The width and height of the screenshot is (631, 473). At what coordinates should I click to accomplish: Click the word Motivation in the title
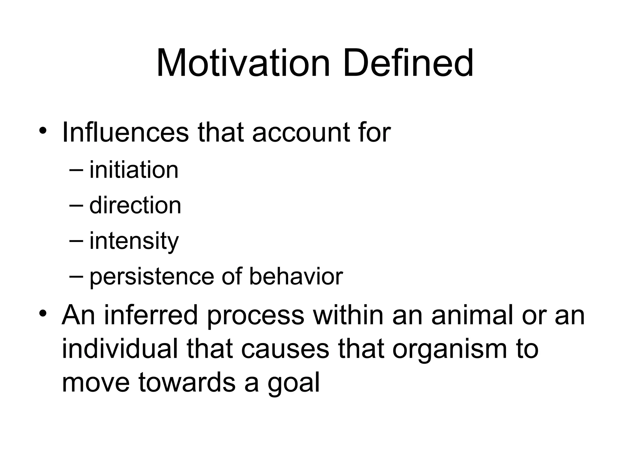click(x=243, y=63)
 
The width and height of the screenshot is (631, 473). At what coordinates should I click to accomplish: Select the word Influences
click(x=125, y=132)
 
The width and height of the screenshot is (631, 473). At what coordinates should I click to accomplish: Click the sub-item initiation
click(x=134, y=170)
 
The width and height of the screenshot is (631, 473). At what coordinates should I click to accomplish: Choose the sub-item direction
click(x=135, y=205)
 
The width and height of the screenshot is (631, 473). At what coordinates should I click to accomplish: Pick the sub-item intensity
click(x=134, y=241)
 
